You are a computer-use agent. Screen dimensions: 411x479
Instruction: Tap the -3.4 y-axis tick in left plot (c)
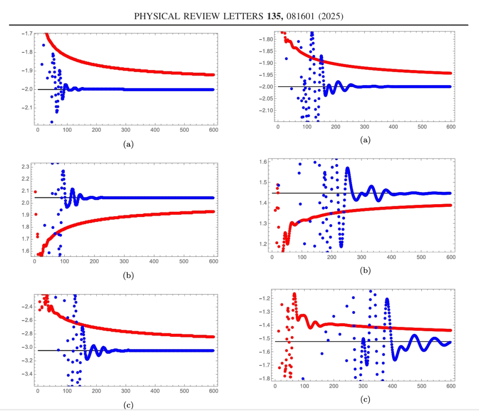pos(26,374)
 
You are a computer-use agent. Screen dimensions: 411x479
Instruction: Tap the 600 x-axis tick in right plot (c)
pos(451,386)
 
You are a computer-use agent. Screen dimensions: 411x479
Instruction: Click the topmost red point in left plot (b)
pos(35,192)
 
